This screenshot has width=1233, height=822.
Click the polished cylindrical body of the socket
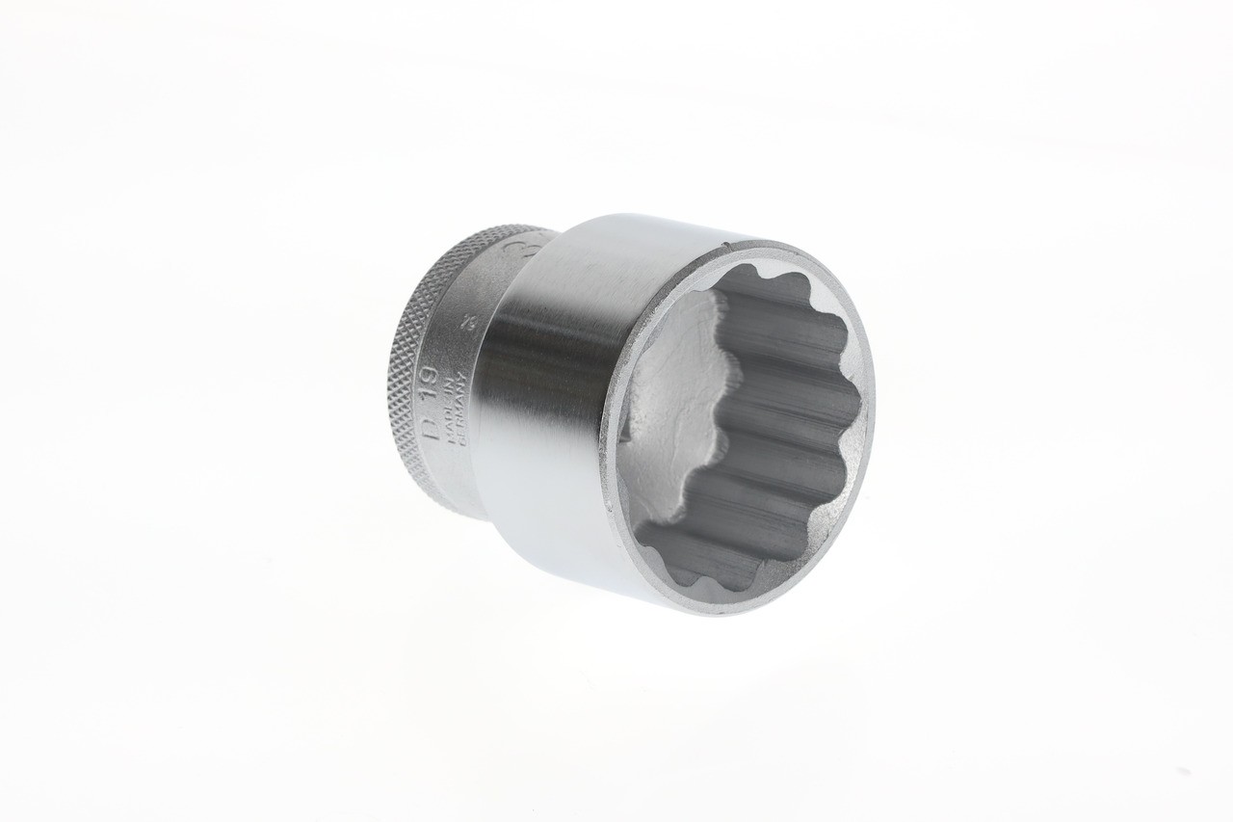(x=549, y=405)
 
